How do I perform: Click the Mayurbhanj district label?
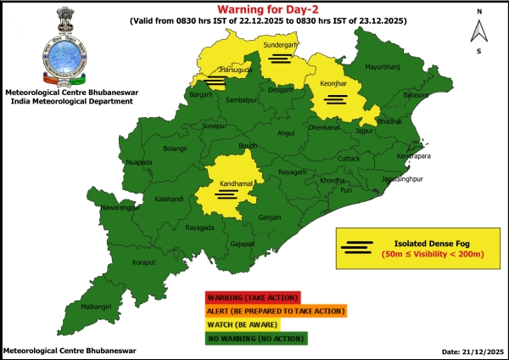(382, 66)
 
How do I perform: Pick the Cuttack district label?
(349, 159)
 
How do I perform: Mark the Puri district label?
(346, 190)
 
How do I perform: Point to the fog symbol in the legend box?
(358, 248)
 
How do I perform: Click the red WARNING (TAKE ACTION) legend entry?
(252, 297)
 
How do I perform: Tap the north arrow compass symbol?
(478, 31)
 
